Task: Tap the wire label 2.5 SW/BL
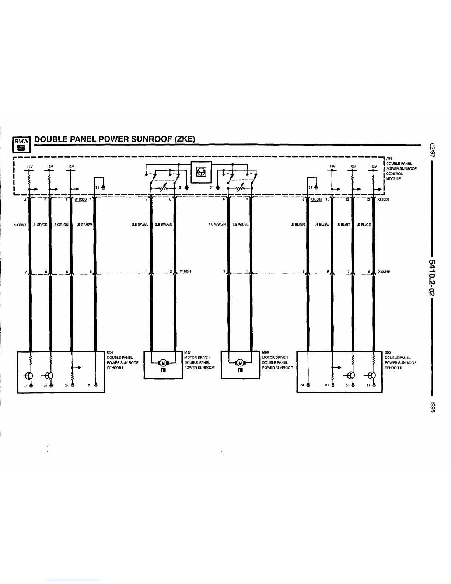click(x=140, y=224)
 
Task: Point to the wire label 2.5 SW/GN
click(x=164, y=224)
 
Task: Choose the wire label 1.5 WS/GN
click(x=217, y=224)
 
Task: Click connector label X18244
click(x=185, y=272)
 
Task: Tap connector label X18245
click(x=384, y=272)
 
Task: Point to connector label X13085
click(x=316, y=199)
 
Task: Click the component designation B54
click(x=109, y=352)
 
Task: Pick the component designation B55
click(x=388, y=352)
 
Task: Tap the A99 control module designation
click(x=389, y=159)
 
